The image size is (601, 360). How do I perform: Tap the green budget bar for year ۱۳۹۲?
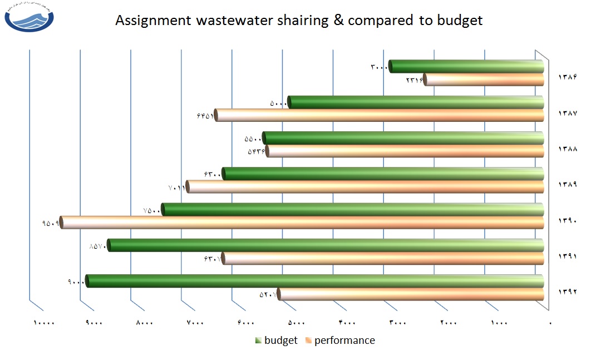point(315,281)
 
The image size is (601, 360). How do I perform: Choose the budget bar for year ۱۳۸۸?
point(403,138)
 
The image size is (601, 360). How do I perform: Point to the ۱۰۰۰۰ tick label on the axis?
point(45,323)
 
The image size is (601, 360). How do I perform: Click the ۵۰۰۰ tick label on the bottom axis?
point(297,323)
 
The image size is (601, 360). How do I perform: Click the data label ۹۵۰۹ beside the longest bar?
point(50,223)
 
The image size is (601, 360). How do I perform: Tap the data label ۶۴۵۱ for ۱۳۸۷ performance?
point(205,116)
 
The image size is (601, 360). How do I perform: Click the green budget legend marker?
point(258,341)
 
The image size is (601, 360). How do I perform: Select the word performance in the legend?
point(344,341)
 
